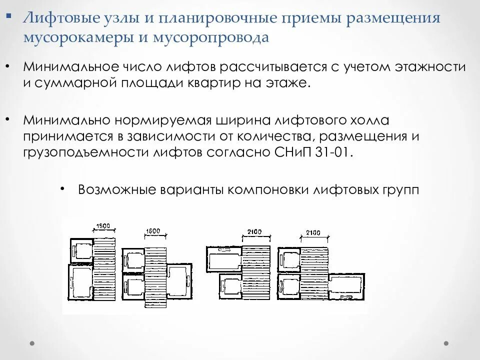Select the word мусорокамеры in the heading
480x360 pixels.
[75, 38]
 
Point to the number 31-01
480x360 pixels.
[334, 152]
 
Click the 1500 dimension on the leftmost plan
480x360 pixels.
[104, 226]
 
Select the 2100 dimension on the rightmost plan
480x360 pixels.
[313, 233]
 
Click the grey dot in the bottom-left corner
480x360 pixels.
[32, 343]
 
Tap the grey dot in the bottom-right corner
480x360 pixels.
[446, 343]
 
